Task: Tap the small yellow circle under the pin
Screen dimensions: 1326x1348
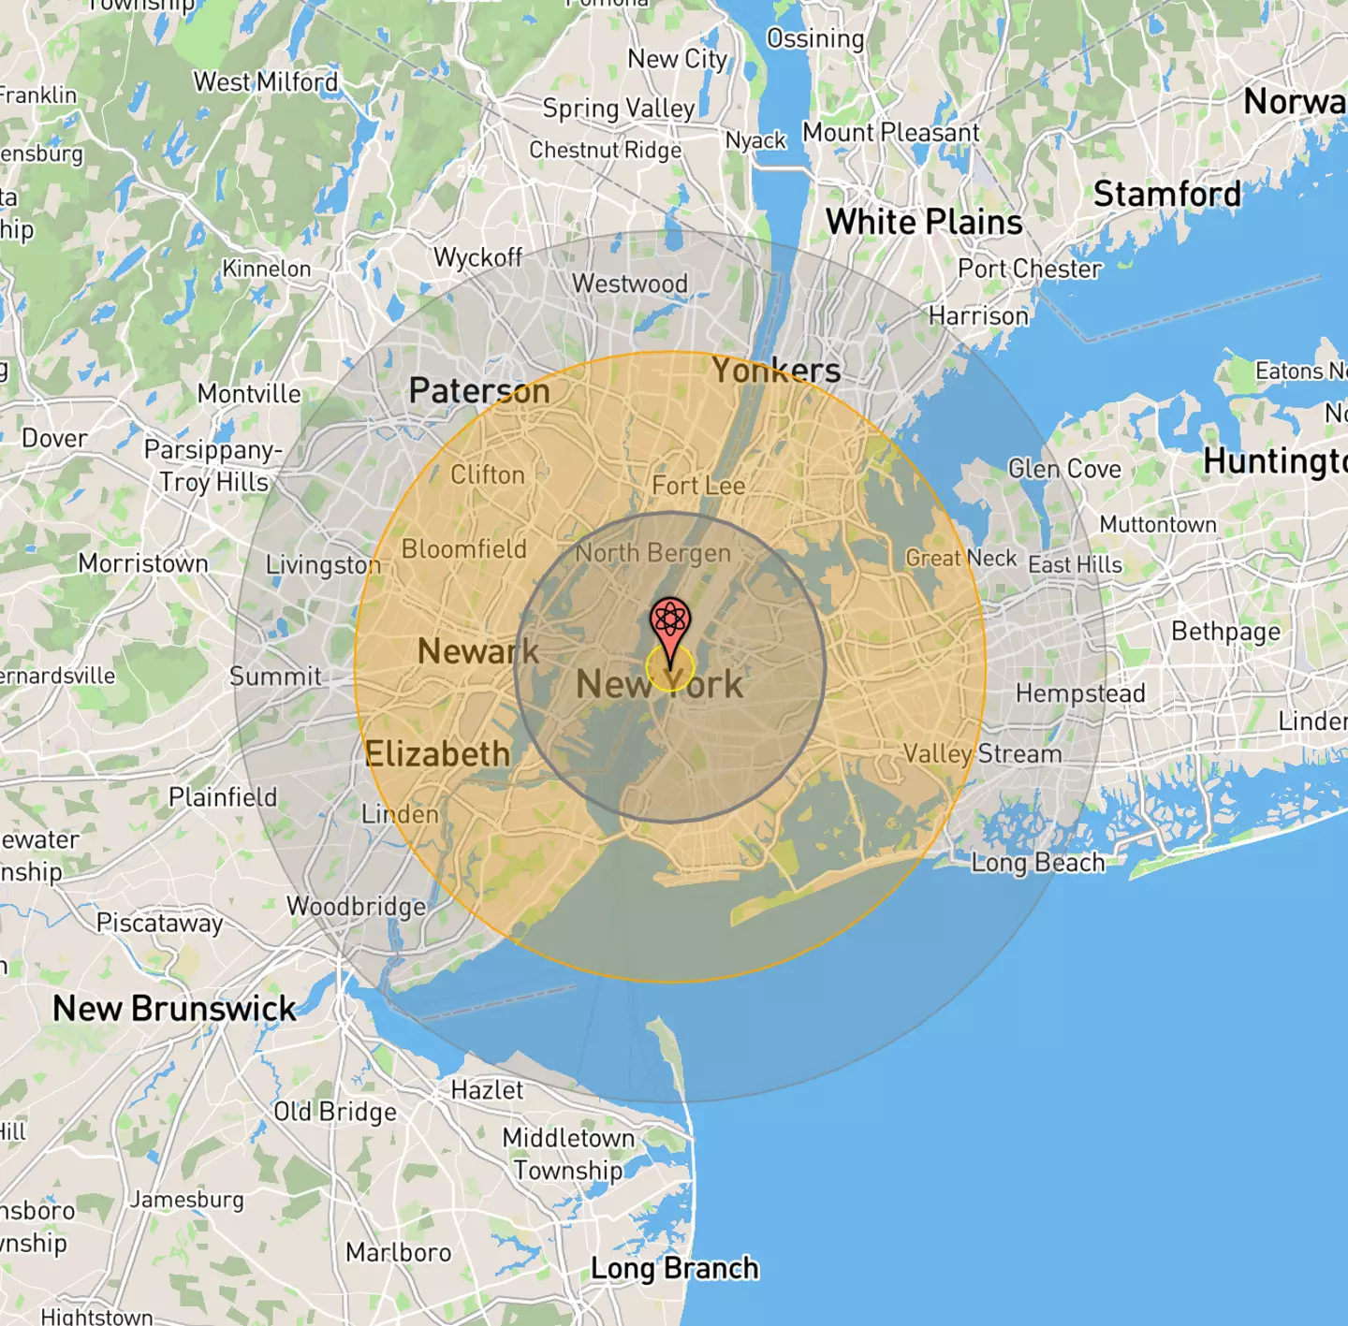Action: click(670, 668)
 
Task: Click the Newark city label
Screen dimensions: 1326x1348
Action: click(478, 651)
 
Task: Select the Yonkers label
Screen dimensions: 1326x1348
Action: click(776, 371)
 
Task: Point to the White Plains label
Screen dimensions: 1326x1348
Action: click(924, 223)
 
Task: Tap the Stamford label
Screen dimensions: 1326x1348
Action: click(1167, 195)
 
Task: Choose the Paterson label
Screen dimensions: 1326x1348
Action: click(479, 391)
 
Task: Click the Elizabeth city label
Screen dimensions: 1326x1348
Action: click(438, 754)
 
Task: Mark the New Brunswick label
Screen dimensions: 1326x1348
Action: click(174, 1009)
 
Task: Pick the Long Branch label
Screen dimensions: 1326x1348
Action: click(674, 1269)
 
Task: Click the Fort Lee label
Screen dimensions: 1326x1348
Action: click(698, 486)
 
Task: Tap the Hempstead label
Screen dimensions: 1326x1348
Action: click(1080, 693)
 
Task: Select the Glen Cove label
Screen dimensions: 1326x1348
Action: click(1064, 468)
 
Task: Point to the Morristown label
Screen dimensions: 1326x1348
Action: click(143, 563)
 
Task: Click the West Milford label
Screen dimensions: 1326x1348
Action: click(266, 82)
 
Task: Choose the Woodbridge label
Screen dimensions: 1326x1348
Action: click(356, 906)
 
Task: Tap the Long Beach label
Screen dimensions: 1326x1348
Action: click(1038, 863)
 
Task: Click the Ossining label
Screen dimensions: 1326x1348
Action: click(815, 39)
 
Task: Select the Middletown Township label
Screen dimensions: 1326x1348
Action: click(568, 1154)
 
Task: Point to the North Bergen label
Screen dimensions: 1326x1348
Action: click(652, 553)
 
